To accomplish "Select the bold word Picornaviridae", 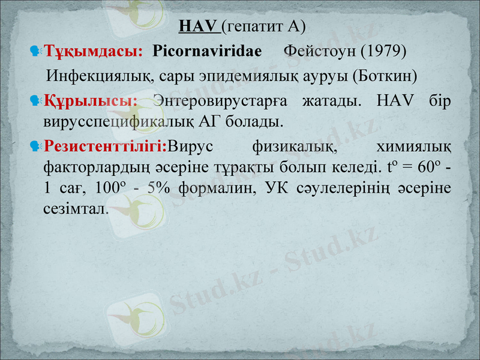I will tap(208, 52).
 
